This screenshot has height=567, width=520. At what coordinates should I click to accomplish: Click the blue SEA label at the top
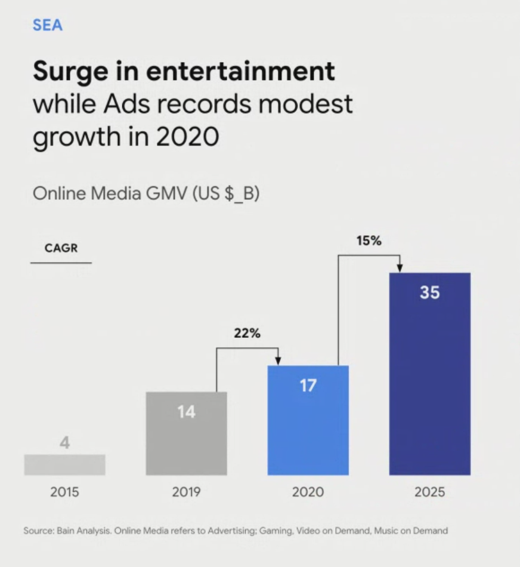tap(48, 25)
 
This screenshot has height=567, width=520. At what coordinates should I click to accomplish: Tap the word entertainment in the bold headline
tap(240, 72)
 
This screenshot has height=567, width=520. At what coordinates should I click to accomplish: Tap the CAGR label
tap(61, 248)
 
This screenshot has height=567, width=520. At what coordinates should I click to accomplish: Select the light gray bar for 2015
tap(64, 464)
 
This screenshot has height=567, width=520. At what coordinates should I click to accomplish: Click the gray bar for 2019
tap(186, 442)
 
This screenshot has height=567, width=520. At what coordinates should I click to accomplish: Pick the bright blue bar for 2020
tap(308, 430)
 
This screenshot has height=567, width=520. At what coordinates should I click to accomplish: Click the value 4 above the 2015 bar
tap(64, 443)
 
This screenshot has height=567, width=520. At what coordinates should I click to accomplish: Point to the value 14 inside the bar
tap(186, 412)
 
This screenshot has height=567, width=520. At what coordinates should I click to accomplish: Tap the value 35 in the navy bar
tap(429, 292)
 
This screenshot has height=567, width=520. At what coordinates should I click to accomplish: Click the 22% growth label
tap(247, 334)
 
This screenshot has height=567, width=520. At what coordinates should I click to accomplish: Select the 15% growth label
tap(369, 241)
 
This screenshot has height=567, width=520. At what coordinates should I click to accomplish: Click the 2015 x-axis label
tap(64, 492)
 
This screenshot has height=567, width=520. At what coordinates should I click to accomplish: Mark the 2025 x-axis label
tap(429, 492)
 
